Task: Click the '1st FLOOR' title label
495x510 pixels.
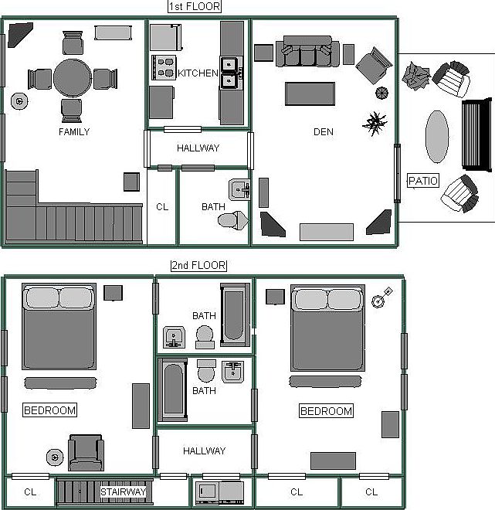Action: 195,7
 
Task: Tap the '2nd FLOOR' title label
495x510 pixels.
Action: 198,266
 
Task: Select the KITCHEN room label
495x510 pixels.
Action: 198,73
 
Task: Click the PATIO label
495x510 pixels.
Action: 423,182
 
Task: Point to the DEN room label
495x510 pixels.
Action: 324,132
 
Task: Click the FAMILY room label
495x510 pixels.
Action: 74,132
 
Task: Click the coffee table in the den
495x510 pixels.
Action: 310,93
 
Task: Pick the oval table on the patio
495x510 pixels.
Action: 437,136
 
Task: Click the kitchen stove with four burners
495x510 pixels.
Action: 165,68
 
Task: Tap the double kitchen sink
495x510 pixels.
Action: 229,71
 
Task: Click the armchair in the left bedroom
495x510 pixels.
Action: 85,453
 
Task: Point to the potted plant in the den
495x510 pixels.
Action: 375,122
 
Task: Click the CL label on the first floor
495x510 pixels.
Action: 162,207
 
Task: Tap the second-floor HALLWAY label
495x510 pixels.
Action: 204,450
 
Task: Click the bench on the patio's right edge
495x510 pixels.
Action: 476,134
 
